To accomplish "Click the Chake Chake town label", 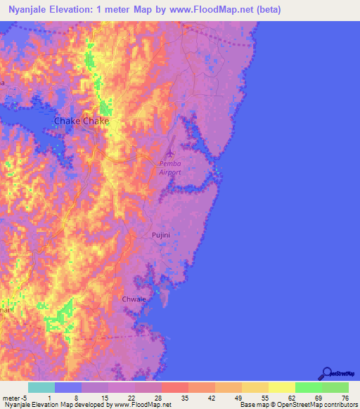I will pyautogui.click(x=82, y=122).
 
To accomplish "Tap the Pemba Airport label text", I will pyautogui.click(x=170, y=167).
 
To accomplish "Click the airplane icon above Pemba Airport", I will pyautogui.click(x=169, y=151).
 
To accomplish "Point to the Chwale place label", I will pyautogui.click(x=134, y=299).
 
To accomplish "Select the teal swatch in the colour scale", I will pyautogui.click(x=41, y=387).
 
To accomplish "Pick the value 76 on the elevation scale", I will pyautogui.click(x=344, y=398).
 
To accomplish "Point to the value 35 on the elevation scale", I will pyautogui.click(x=184, y=398).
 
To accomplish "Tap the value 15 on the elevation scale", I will pyautogui.click(x=105, y=398).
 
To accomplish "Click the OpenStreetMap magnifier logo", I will pyautogui.click(x=326, y=373).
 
